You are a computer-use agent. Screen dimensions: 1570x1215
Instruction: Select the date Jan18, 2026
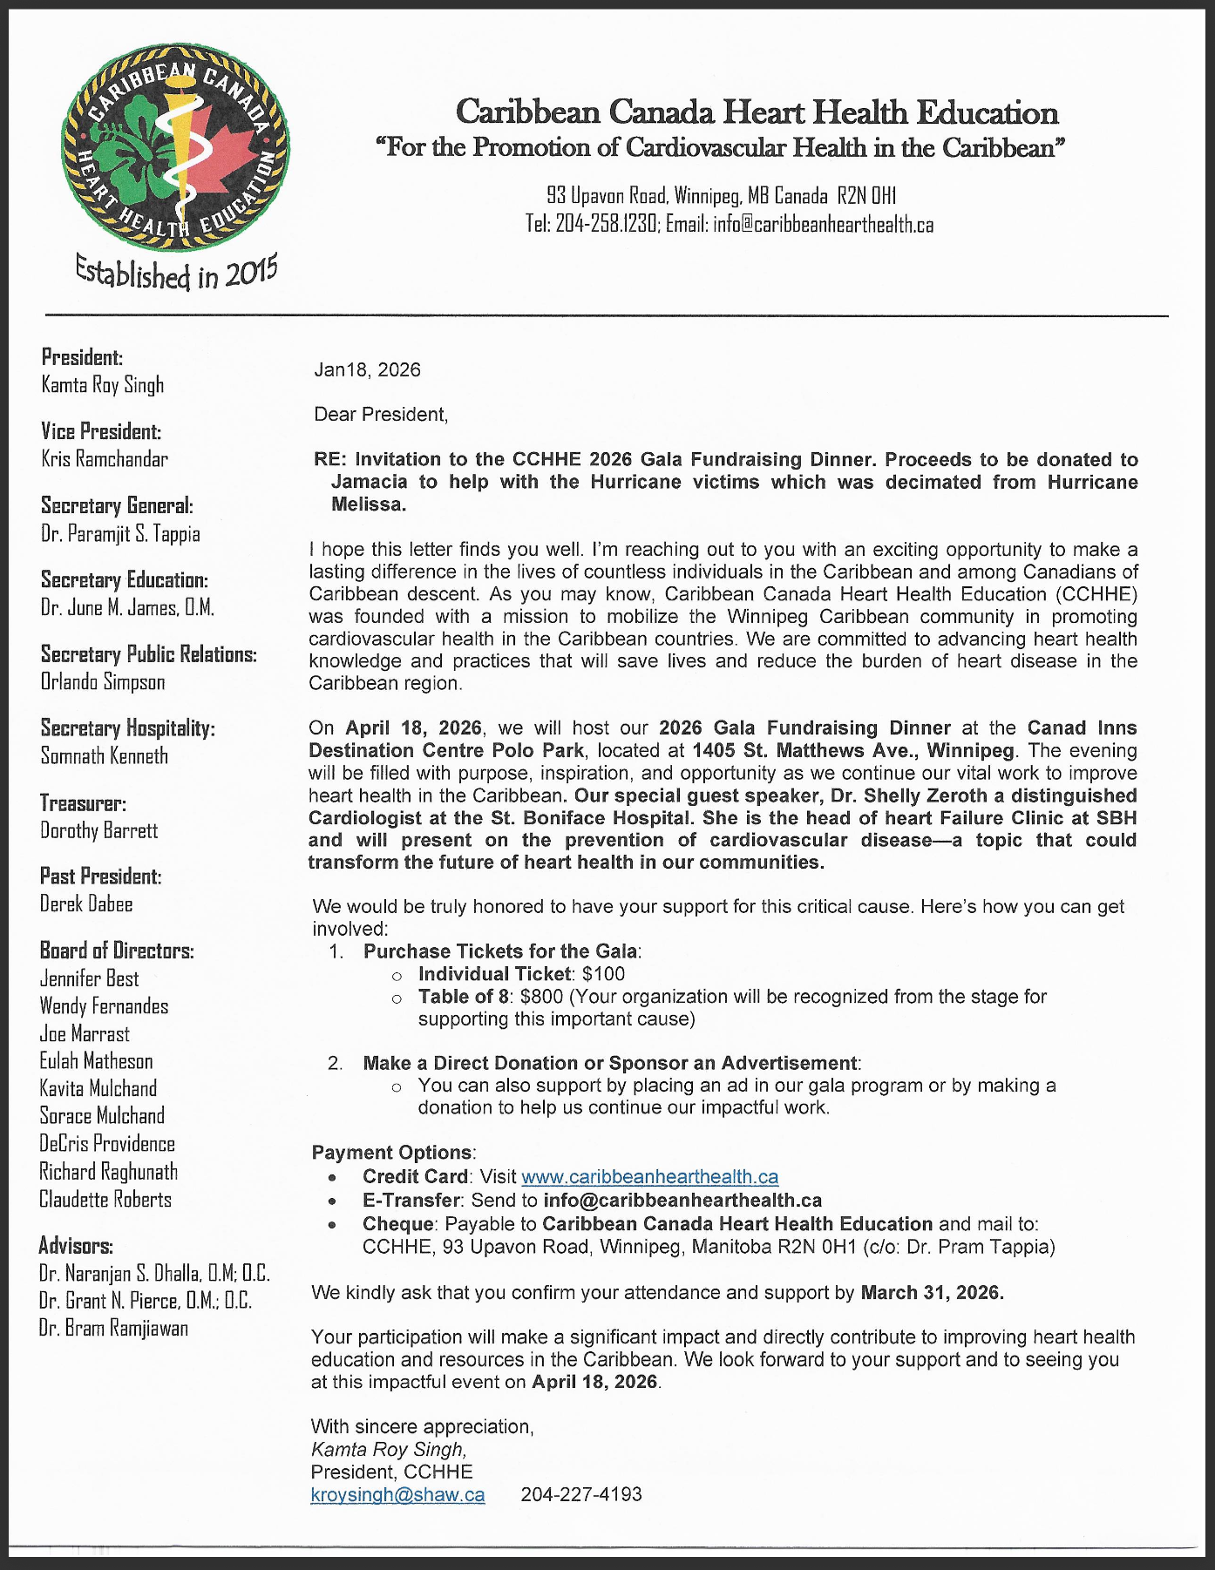[x=367, y=370]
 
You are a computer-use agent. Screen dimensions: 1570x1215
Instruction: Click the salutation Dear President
[x=381, y=415]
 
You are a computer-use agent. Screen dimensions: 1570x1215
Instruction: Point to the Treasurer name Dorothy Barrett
[x=99, y=830]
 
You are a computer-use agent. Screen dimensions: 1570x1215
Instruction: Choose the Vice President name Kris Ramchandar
[x=105, y=459]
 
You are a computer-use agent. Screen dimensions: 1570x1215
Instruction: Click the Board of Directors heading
[x=117, y=951]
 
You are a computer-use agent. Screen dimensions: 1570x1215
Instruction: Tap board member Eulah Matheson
[x=96, y=1061]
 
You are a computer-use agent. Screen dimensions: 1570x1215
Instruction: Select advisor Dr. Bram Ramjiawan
[x=113, y=1328]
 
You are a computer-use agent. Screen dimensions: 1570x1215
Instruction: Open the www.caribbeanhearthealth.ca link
[x=649, y=1178]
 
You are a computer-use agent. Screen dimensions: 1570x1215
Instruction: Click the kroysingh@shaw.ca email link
[x=397, y=1495]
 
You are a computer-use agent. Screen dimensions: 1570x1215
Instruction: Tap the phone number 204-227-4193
[x=581, y=1495]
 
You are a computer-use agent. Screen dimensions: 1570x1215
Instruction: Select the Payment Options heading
[x=393, y=1153]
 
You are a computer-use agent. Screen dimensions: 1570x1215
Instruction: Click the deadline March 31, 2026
[x=932, y=1293]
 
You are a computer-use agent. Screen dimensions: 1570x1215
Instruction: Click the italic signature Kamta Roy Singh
[x=389, y=1450]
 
